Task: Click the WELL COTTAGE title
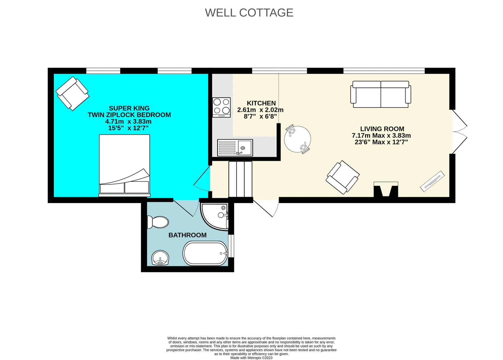(249, 13)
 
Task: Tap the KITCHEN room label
(261, 103)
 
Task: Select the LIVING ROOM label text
(382, 129)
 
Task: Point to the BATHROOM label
(187, 235)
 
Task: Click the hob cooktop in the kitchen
(222, 107)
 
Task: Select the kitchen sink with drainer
(235, 148)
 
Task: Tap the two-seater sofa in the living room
(381, 94)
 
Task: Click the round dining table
(298, 139)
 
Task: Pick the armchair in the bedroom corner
(73, 93)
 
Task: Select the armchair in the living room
(343, 177)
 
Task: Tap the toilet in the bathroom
(158, 222)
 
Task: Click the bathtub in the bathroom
(205, 253)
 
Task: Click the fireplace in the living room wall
(386, 190)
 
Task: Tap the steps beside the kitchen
(240, 179)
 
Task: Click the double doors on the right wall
(459, 132)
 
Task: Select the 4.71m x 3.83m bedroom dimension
(128, 121)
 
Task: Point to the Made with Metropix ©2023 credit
(251, 358)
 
